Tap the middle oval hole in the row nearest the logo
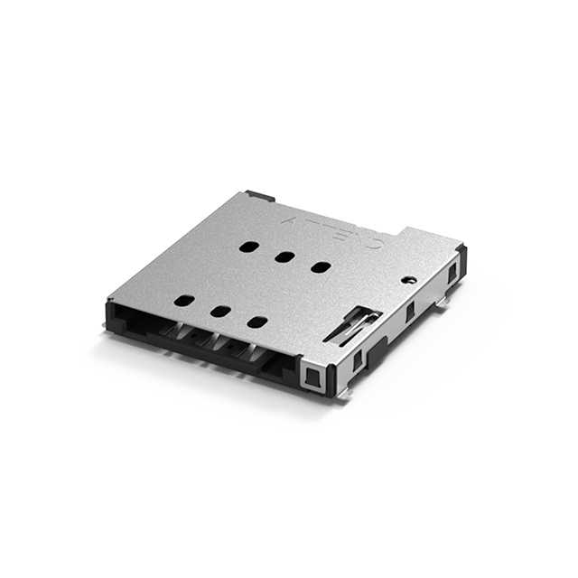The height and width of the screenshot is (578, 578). [x=284, y=256]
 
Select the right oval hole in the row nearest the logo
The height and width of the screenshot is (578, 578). [x=320, y=266]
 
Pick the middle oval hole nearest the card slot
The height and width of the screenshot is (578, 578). [x=219, y=312]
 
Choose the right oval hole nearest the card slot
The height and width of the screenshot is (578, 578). [x=257, y=322]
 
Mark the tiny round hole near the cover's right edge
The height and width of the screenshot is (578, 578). [x=409, y=281]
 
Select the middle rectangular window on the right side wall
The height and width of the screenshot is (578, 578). [x=409, y=312]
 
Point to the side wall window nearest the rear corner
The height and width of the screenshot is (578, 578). [x=452, y=270]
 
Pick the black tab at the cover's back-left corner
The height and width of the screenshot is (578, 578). [x=259, y=195]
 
